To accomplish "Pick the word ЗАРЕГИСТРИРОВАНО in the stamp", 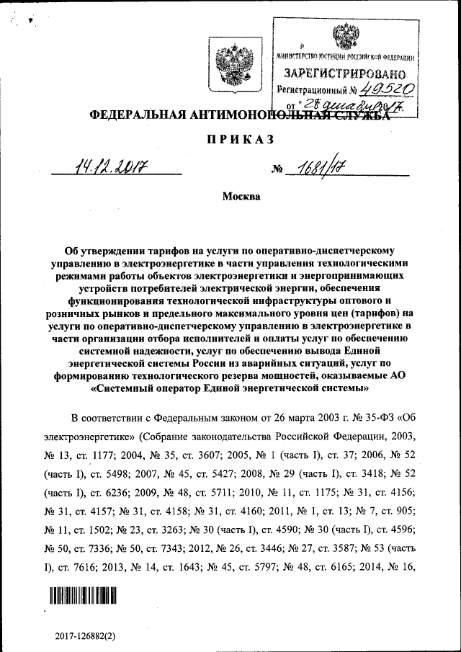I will pos(344,74).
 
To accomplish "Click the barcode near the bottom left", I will pos(83,595).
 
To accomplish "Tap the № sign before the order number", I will pos(277,171).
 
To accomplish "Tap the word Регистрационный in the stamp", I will pos(310,91).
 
